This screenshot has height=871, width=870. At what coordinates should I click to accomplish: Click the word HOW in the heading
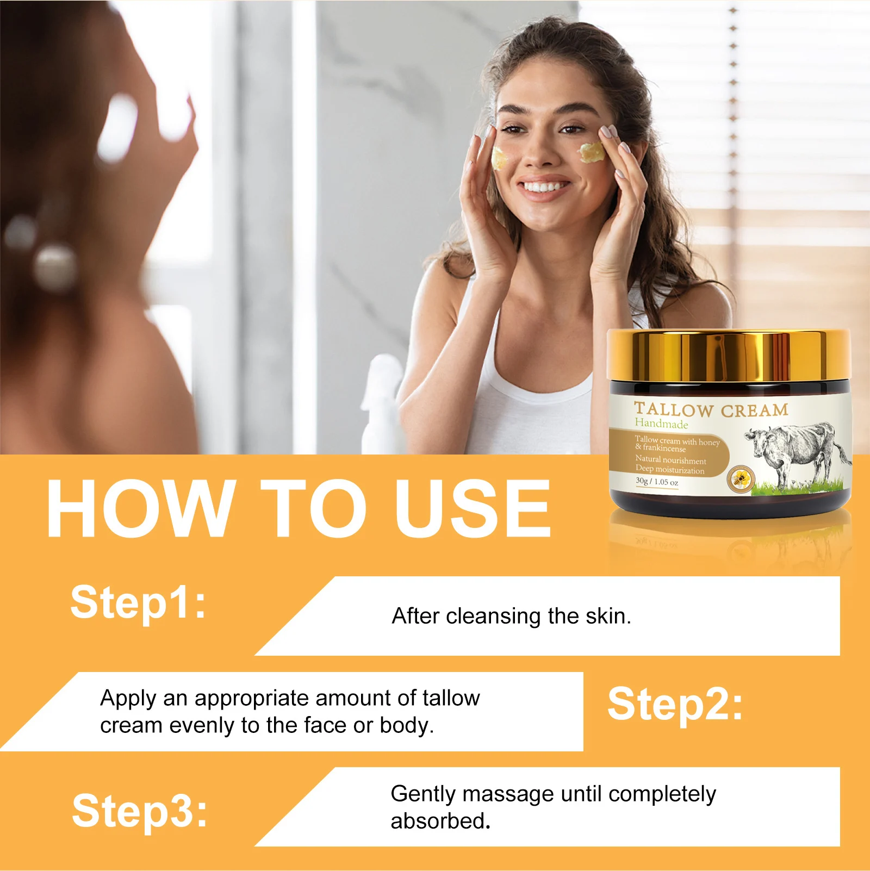point(140,509)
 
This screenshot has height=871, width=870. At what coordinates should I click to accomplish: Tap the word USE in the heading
point(473,509)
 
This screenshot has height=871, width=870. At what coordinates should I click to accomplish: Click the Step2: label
point(675,705)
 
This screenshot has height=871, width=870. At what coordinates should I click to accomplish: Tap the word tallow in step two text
point(451,698)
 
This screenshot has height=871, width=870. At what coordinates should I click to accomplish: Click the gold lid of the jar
point(729,356)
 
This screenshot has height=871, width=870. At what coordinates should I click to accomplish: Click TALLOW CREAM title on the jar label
point(711,409)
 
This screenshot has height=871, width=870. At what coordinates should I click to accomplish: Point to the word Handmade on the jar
point(661,424)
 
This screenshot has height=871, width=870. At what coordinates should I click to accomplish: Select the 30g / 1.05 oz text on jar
point(657,482)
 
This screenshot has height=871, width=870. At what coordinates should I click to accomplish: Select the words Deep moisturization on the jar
point(669,470)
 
